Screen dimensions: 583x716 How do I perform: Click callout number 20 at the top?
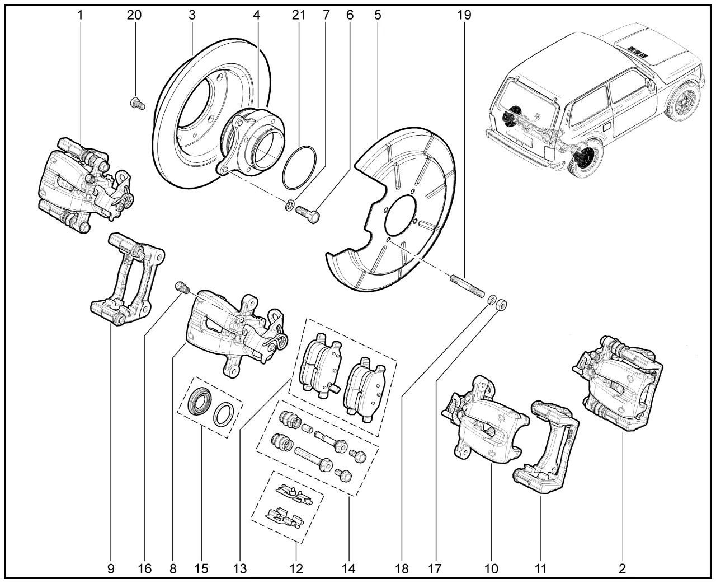coord(134,15)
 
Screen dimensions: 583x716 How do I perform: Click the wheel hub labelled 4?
coord(246,140)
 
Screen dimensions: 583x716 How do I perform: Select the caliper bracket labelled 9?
coord(129,280)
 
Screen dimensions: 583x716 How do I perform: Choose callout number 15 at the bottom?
coord(201,569)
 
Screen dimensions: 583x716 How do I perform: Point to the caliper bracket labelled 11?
coord(543,448)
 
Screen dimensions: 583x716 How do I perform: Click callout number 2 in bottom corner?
coord(623,569)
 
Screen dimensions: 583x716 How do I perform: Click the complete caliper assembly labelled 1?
coord(87,185)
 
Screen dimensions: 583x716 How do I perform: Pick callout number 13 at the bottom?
coord(239,569)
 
